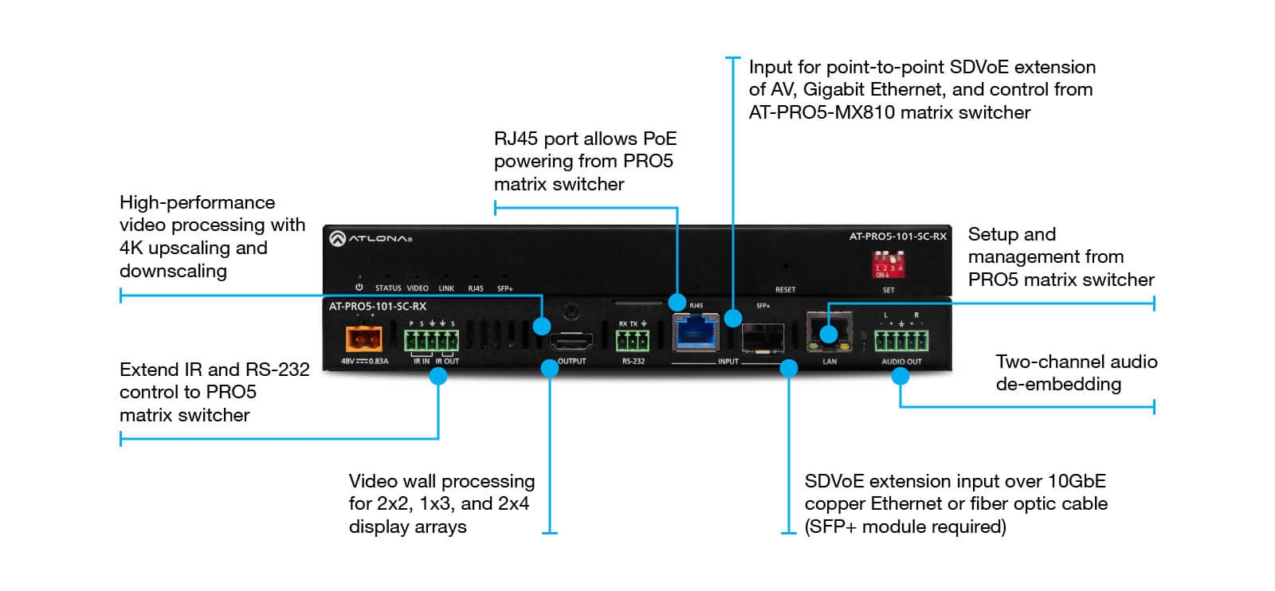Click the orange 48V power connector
363,339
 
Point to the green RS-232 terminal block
633,341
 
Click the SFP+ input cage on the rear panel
763,337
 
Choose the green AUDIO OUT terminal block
901,341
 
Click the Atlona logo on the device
371,238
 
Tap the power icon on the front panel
359,288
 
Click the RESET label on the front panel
785,289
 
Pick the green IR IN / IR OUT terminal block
431,341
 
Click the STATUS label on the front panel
388,288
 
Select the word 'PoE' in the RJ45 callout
660,139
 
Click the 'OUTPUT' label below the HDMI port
571,361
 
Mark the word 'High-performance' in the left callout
197,202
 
